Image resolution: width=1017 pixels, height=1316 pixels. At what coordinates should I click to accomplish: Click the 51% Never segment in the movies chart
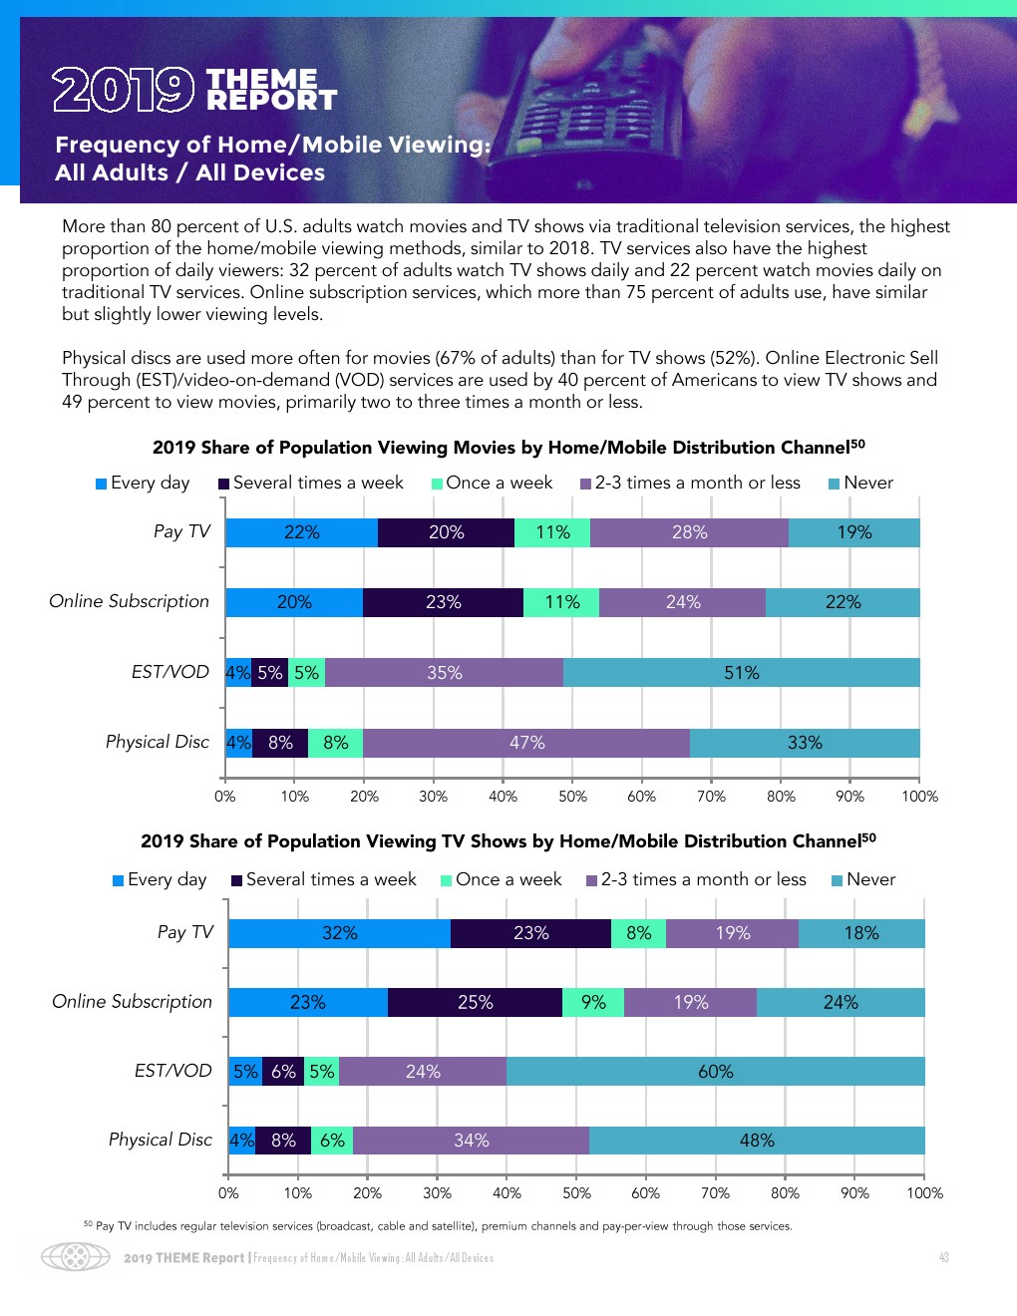(x=741, y=673)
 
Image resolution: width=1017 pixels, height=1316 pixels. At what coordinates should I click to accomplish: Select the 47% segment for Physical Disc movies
(x=526, y=743)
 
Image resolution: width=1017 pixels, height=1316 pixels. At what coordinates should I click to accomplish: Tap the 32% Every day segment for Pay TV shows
(x=339, y=933)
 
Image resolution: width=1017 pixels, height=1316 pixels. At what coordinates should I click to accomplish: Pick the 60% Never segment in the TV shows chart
(x=715, y=1072)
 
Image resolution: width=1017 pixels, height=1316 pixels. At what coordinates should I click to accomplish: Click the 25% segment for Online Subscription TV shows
(x=475, y=1002)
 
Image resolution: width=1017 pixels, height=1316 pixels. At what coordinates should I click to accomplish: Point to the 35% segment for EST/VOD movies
(x=444, y=673)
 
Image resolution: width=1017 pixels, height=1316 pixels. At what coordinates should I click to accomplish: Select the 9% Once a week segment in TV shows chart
(x=593, y=1002)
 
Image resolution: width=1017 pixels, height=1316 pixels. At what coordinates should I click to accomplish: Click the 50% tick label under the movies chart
(x=572, y=797)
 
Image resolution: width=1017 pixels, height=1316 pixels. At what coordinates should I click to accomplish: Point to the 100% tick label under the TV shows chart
(x=924, y=1193)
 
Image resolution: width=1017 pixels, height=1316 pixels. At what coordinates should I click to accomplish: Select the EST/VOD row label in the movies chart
(x=170, y=672)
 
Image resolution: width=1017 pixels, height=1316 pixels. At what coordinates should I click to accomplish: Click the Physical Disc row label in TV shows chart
(x=161, y=1140)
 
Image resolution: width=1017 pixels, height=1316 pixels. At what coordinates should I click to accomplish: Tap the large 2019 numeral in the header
(x=123, y=90)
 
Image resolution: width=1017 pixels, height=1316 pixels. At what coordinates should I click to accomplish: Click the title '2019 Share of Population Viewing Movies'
(x=508, y=448)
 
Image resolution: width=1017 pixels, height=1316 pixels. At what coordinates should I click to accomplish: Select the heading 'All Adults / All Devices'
(x=190, y=172)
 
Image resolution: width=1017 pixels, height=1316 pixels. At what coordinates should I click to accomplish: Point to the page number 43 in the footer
(x=943, y=1258)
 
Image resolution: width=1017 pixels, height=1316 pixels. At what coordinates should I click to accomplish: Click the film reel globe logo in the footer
(x=76, y=1256)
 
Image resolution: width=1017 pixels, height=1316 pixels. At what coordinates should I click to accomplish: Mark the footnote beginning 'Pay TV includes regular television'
(x=439, y=1226)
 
